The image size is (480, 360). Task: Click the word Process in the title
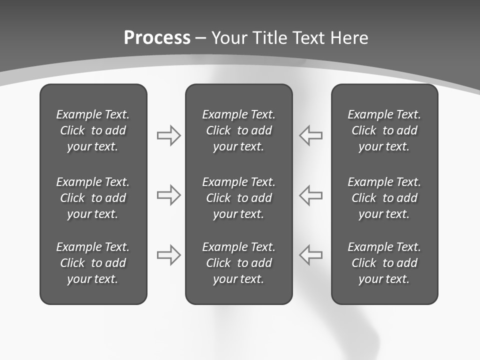click(157, 38)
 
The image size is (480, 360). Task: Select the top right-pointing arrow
click(168, 135)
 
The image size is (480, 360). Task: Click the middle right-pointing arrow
click(168, 195)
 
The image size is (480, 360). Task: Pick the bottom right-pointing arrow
click(168, 255)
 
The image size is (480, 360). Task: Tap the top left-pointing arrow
click(311, 135)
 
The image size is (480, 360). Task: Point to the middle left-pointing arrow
click(311, 195)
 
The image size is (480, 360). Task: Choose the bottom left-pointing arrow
click(311, 255)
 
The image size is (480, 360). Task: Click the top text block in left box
click(93, 130)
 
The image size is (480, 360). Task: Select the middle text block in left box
click(93, 198)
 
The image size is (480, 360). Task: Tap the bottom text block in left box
click(93, 263)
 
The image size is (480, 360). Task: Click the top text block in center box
click(239, 130)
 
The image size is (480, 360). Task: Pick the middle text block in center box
click(239, 198)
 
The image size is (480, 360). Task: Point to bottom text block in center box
click(239, 263)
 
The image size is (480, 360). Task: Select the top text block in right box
click(384, 130)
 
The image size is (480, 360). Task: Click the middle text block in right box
click(384, 198)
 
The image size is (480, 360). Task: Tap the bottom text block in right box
click(384, 263)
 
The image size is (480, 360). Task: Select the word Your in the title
click(229, 38)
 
